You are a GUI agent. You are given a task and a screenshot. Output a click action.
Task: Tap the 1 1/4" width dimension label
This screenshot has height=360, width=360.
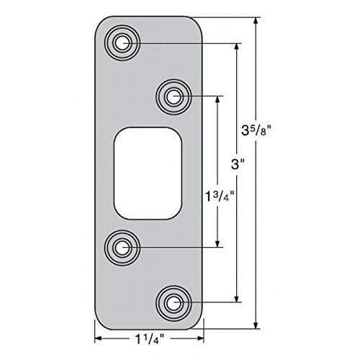tap(148, 338)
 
